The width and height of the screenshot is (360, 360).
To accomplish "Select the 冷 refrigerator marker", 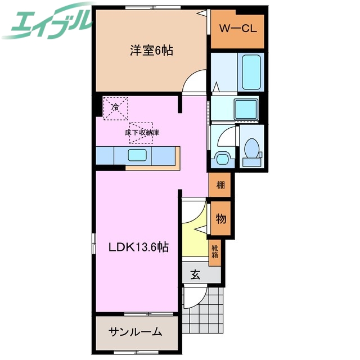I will click(115, 106).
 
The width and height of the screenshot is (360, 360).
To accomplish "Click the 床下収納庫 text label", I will click(142, 133).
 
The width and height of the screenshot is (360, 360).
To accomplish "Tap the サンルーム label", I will click(136, 332).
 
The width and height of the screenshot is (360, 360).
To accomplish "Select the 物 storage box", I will click(220, 218).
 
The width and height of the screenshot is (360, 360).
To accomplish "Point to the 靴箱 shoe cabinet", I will click(215, 250).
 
